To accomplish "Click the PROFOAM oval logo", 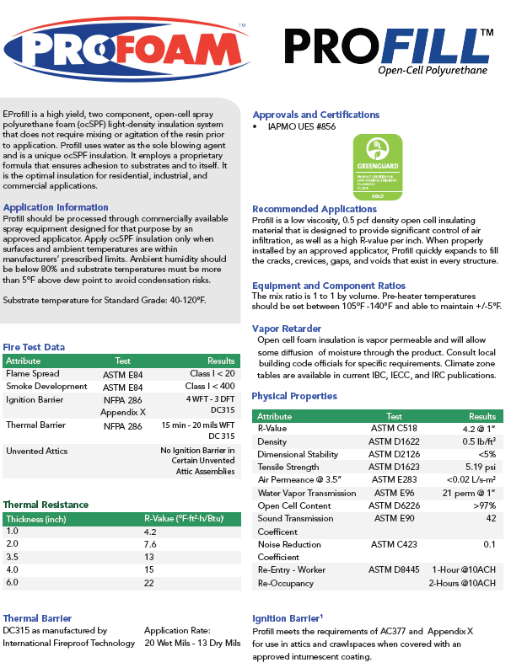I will [x=125, y=49].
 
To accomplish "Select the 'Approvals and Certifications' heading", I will [x=315, y=115].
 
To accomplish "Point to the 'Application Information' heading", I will [x=56, y=206].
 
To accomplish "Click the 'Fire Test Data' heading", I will [x=34, y=347].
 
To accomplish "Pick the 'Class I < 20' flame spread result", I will [x=212, y=373].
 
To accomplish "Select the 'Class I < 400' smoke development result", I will [x=211, y=386].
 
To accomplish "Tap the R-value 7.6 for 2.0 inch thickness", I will [x=151, y=544].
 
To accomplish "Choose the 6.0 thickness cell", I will [x=12, y=582].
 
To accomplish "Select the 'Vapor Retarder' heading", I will [x=286, y=328].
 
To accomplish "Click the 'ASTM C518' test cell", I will [x=390, y=429].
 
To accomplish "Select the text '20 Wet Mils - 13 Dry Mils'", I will [x=192, y=643].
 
